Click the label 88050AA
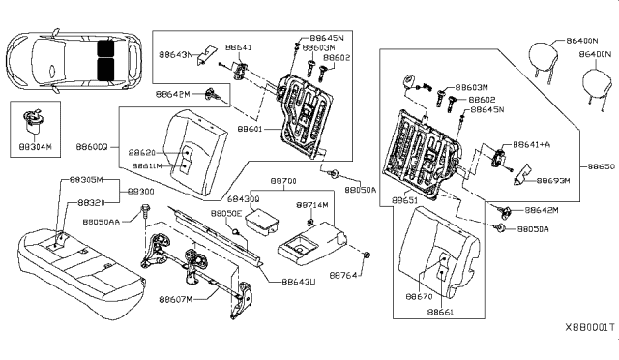pyautogui.click(x=103, y=222)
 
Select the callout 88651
pyautogui.click(x=405, y=199)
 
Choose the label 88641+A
pyautogui.click(x=532, y=143)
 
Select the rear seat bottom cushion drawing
pyautogui.click(x=73, y=257)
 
